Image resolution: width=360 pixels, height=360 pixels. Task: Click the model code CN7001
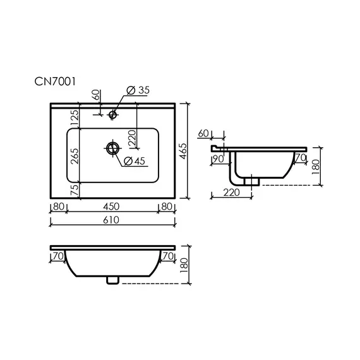pyautogui.click(x=55, y=81)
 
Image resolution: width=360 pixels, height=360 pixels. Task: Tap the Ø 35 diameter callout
pyautogui.click(x=138, y=90)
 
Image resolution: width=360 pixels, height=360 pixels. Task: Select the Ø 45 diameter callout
pyautogui.click(x=135, y=161)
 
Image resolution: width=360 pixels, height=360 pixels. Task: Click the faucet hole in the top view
pyautogui.click(x=112, y=114)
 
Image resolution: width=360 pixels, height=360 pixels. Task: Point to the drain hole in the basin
pyautogui.click(x=113, y=148)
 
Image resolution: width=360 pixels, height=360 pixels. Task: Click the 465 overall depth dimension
pyautogui.click(x=183, y=151)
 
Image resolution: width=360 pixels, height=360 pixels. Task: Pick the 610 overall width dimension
pyautogui.click(x=111, y=220)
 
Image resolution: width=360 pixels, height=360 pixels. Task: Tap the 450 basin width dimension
pyautogui.click(x=111, y=207)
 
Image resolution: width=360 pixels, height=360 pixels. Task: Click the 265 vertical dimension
pyautogui.click(x=75, y=156)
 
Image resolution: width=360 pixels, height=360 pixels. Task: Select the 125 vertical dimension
pyautogui.click(x=75, y=118)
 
